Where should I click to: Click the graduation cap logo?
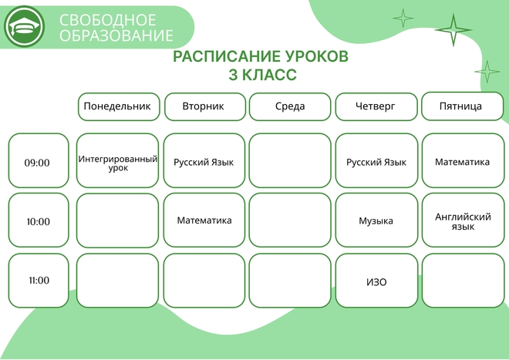coord(25,27)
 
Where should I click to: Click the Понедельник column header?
coord(119,107)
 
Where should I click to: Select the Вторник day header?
coord(205,107)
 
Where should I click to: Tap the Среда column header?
coord(290,107)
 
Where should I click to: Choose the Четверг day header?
coord(376,107)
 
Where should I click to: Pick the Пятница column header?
coord(462,106)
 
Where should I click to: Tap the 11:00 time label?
coord(39,281)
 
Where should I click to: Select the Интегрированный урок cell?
coord(117,160)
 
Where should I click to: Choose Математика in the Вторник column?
coord(204,220)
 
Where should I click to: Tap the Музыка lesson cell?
coord(376,220)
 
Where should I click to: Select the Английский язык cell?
coord(463,220)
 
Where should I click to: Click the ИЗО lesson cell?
coord(376,281)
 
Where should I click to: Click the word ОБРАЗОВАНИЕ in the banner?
coord(116,35)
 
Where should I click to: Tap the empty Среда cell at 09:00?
coord(290,160)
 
